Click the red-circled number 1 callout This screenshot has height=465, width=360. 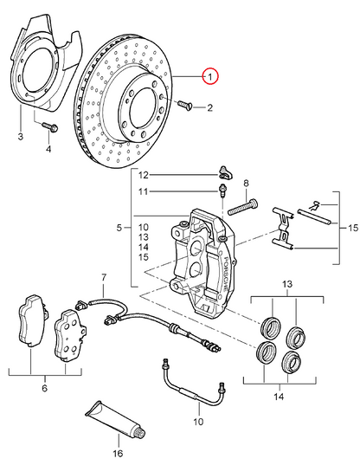click(x=210, y=76)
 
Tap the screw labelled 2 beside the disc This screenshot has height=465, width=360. click(x=185, y=105)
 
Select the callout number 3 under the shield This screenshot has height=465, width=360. click(x=21, y=137)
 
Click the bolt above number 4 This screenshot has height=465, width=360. click(x=50, y=127)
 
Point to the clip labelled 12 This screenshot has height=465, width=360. click(x=226, y=173)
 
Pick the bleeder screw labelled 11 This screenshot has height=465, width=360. click(x=222, y=191)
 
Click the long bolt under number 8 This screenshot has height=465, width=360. click(x=242, y=207)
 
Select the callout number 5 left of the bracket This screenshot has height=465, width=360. click(x=119, y=228)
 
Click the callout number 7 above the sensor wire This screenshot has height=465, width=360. click(x=104, y=278)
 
